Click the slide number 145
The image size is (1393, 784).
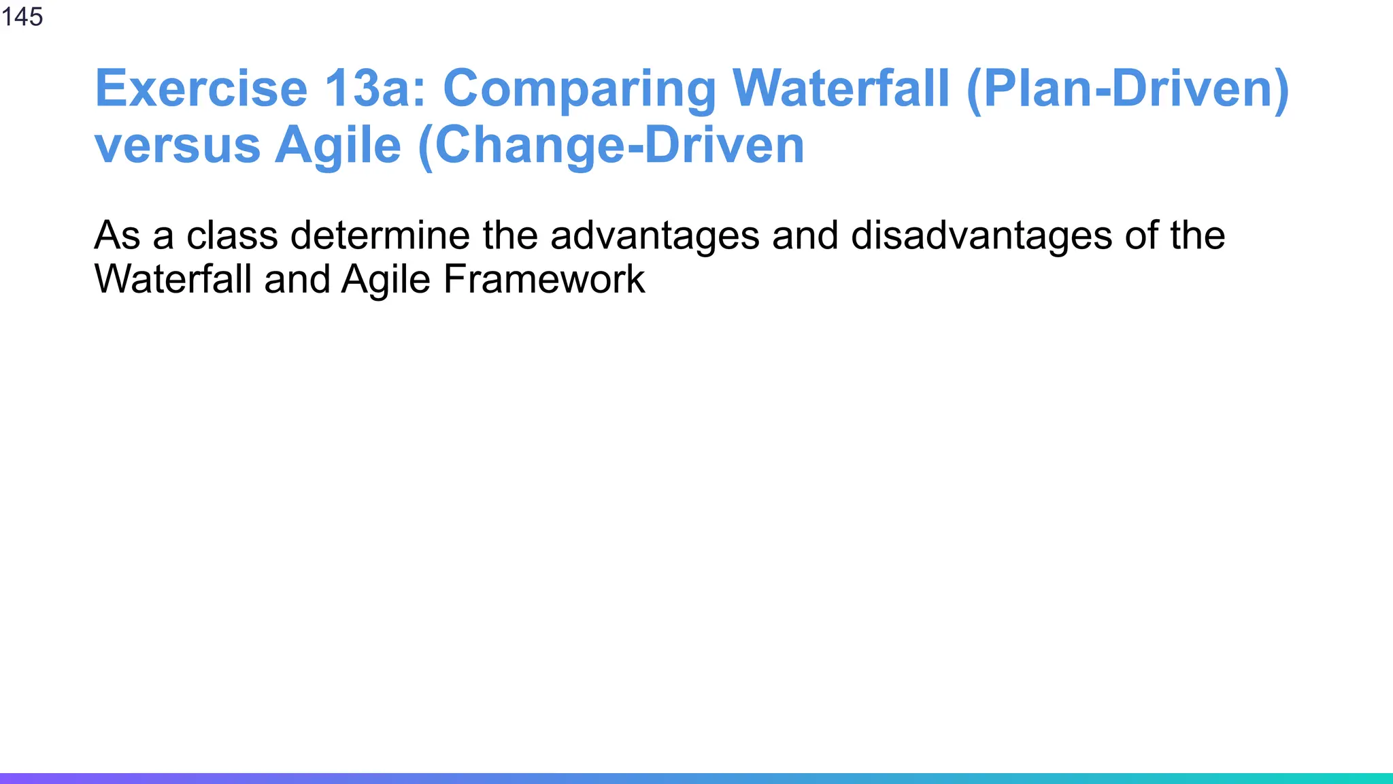(22, 16)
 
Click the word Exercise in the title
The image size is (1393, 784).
(201, 88)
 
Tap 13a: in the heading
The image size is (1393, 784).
(375, 88)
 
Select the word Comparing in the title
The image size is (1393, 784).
(580, 90)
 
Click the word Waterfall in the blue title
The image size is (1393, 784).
(841, 88)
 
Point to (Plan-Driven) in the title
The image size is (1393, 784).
(1127, 90)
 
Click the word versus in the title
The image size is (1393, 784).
(178, 146)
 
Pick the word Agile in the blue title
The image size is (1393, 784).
(337, 147)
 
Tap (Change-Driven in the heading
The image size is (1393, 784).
(611, 147)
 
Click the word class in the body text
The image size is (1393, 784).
(232, 235)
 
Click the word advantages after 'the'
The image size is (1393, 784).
(654, 237)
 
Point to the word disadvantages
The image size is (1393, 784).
(981, 237)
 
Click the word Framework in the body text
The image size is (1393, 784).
(543, 280)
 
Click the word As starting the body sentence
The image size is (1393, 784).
(116, 235)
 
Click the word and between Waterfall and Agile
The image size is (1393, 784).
(297, 280)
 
